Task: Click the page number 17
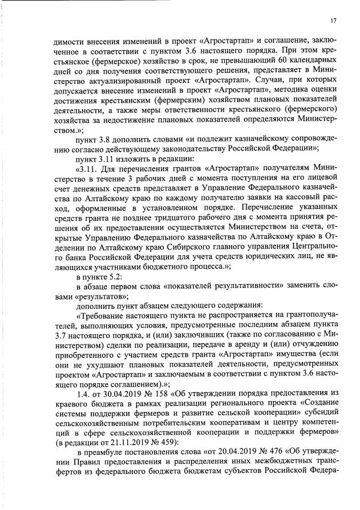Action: click(334, 21)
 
